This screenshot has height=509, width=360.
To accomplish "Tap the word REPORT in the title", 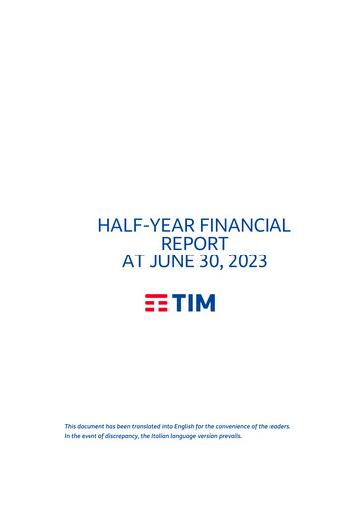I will click(x=194, y=245).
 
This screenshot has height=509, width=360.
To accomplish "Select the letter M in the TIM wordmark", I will click(x=203, y=303).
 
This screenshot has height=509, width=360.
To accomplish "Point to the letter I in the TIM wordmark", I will click(x=188, y=303).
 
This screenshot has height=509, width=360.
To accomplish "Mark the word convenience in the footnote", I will click(x=230, y=426).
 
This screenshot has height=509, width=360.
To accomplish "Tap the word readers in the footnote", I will click(x=277, y=426).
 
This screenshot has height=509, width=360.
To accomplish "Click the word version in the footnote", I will click(x=202, y=436).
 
